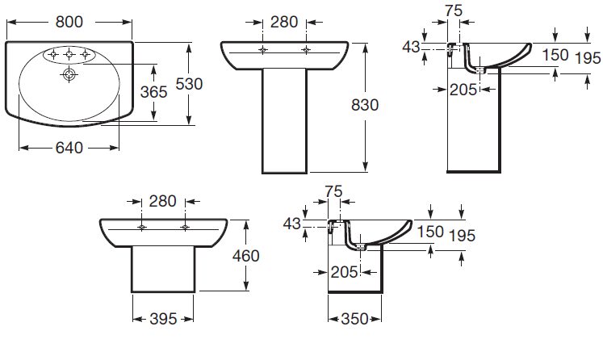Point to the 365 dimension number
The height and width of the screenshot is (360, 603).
(x=153, y=92)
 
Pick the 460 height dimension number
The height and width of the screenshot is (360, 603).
(x=245, y=256)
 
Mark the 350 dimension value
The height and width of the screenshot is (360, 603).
(x=354, y=318)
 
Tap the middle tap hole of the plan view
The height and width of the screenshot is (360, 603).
(x=70, y=56)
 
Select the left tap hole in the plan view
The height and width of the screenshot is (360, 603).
(x=52, y=56)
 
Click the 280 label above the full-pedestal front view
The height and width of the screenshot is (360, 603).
(x=285, y=23)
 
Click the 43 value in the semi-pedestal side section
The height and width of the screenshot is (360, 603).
(x=291, y=224)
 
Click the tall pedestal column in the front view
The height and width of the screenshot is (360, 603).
(x=285, y=121)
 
